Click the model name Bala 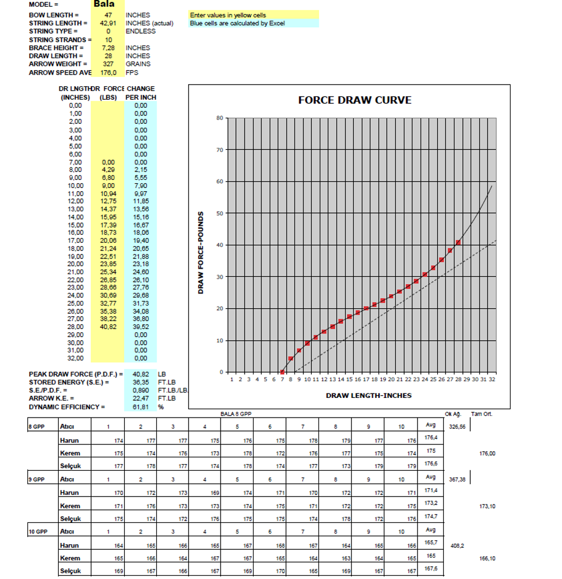click(x=104, y=4)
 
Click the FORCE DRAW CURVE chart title click(x=354, y=100)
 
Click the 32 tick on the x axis click(x=491, y=380)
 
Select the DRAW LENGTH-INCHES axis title click(x=368, y=395)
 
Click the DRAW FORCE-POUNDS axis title click(x=200, y=252)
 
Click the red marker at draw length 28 click(x=458, y=242)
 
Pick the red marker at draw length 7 click(x=282, y=372)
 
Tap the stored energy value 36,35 click(x=140, y=382)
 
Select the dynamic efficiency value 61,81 click(x=140, y=407)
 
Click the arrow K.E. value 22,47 click(x=140, y=399)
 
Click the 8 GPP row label click(x=36, y=427)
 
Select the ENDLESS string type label click(x=140, y=31)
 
